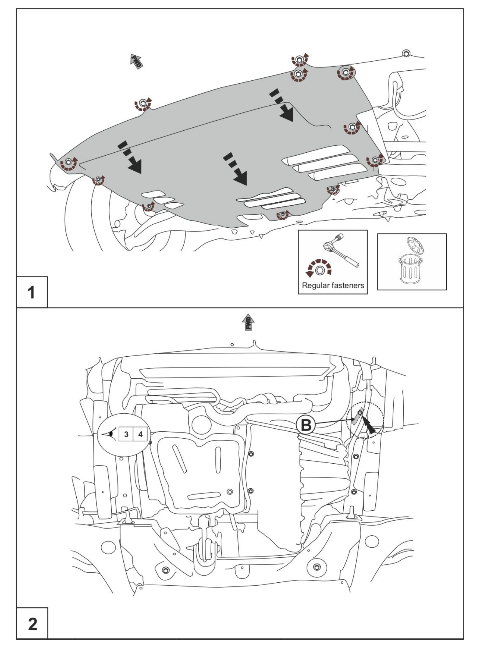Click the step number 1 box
pos(32,292)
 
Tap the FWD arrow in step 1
pos(136,61)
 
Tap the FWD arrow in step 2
pos(248,322)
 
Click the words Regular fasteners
pos(333,285)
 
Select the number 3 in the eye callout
pos(126,434)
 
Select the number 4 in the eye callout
pos(140,434)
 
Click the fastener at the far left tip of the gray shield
pos(69,162)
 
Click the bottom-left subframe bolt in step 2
pos(165,570)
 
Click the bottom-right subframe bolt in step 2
pos(316,567)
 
